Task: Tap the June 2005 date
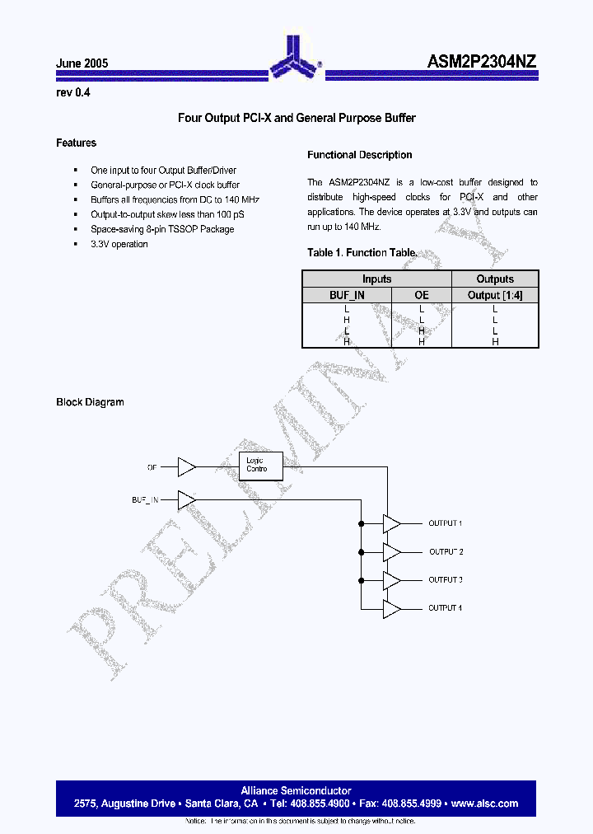[x=82, y=63]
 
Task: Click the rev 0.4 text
[x=73, y=93]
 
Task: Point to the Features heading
[x=76, y=143]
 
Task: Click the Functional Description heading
[x=359, y=155]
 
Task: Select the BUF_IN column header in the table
[x=346, y=294]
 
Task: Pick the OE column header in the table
[x=421, y=294]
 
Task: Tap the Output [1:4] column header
[x=495, y=294]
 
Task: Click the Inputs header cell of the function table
[x=376, y=279]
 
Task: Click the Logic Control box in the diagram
[x=261, y=465]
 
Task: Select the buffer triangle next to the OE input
[x=187, y=467]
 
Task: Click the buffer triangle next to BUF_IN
[x=187, y=499]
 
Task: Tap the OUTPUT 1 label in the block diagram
[x=445, y=523]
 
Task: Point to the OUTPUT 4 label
[x=445, y=608]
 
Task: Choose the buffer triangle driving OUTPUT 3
[x=391, y=580]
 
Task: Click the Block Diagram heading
[x=90, y=402]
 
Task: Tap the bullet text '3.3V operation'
[x=119, y=244]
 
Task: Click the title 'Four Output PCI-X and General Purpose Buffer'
[x=296, y=118]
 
